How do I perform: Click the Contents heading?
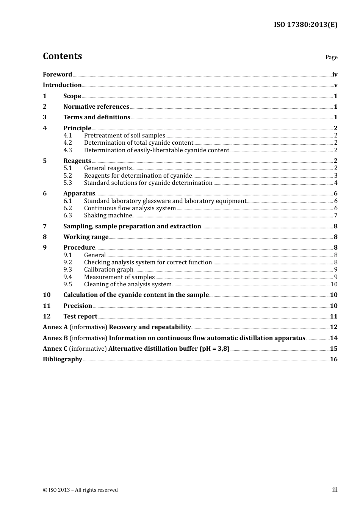[x=62, y=56]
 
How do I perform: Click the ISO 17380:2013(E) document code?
[x=305, y=25]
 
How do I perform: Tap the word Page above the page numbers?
[x=331, y=57]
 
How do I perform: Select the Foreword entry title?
[x=57, y=75]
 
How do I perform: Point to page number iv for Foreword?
[x=335, y=75]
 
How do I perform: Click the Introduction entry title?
[x=62, y=85]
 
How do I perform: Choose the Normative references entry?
[x=96, y=107]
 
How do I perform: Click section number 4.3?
[x=67, y=150]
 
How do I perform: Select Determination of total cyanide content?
[x=138, y=143]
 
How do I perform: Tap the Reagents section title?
[x=77, y=161]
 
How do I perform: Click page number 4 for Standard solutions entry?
[x=335, y=183]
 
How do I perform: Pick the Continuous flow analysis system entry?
[x=130, y=208]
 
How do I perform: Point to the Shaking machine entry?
[x=108, y=215]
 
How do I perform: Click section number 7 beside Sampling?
[x=45, y=226]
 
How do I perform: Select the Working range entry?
[x=86, y=237]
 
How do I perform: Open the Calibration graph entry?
[x=109, y=270]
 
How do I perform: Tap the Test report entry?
[x=80, y=317]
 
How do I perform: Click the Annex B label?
[x=55, y=338]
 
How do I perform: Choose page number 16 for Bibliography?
[x=333, y=359]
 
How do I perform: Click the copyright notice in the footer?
[x=80, y=490]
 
